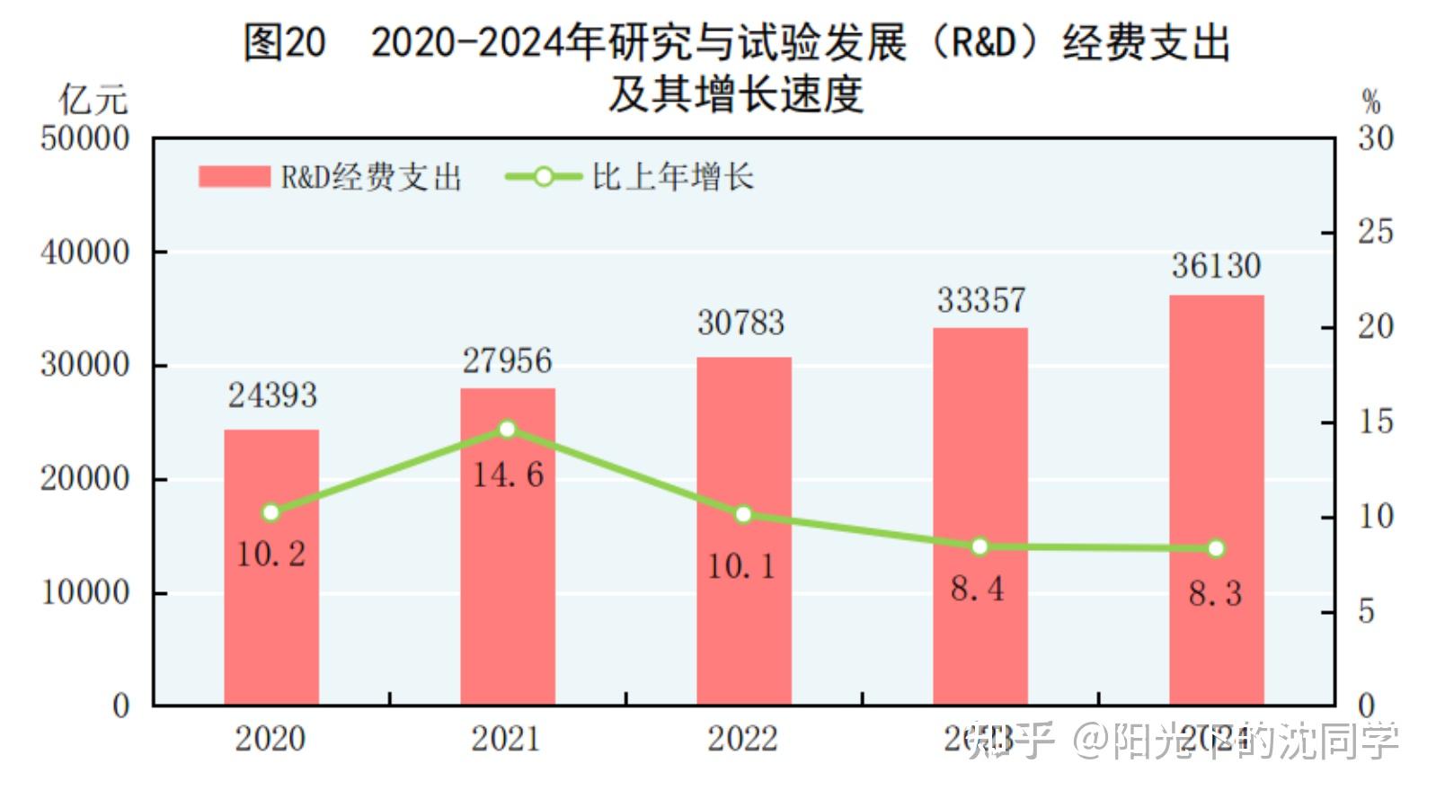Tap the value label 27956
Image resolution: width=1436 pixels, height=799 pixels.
point(507,361)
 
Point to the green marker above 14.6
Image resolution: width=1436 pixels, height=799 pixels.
point(507,430)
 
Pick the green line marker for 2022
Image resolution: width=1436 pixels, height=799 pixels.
point(743,515)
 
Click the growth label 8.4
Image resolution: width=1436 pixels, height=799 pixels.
point(978,590)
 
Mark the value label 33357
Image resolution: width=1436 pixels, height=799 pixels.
point(980,300)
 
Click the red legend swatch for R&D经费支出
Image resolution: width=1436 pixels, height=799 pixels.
point(234,176)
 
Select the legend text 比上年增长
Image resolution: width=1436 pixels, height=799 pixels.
point(672,177)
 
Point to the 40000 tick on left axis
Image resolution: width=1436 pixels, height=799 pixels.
point(84,253)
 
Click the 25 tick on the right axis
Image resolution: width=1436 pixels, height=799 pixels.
point(1375,232)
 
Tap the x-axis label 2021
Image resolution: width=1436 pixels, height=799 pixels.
point(507,739)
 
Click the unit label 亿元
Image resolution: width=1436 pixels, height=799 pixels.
point(93,100)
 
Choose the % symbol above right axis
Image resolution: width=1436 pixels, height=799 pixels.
point(1370,102)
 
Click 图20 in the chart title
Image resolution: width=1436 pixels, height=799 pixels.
point(284,42)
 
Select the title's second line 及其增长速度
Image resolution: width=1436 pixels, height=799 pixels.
point(735,93)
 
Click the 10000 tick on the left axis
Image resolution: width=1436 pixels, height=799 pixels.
point(84,593)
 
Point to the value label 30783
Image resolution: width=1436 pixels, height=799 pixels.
point(741,323)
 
